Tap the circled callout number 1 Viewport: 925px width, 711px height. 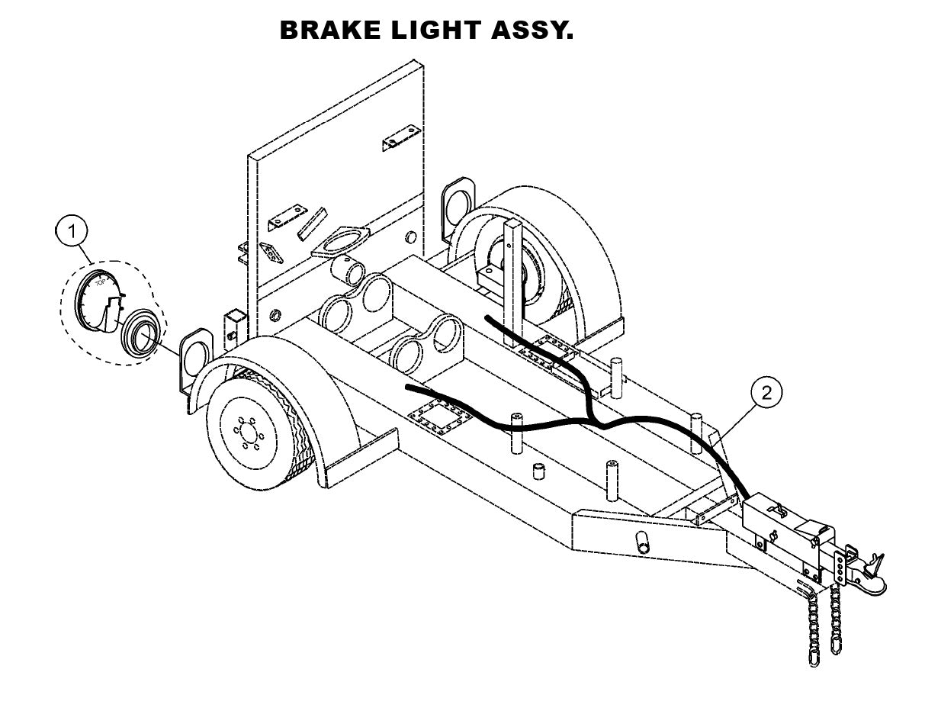tap(73, 231)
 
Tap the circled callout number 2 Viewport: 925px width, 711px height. tap(766, 393)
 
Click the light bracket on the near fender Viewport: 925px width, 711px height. tap(197, 353)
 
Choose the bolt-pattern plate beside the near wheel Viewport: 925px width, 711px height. tap(432, 420)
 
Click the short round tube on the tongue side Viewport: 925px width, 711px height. tap(642, 542)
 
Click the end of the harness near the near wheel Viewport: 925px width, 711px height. tap(410, 388)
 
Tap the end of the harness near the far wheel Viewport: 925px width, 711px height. tap(487, 315)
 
